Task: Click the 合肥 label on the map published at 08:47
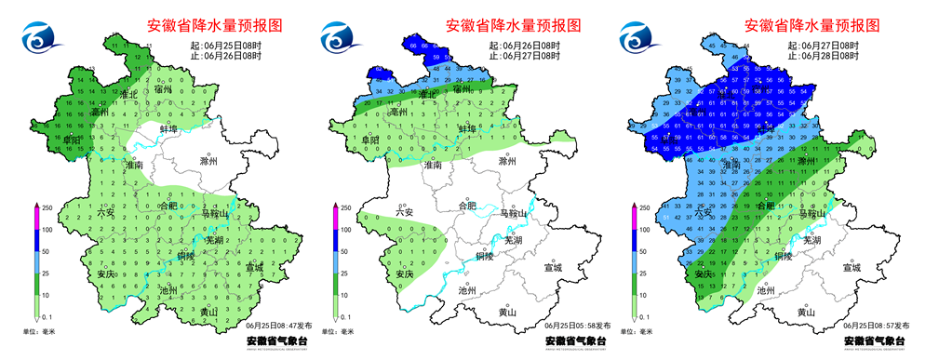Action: [168, 206]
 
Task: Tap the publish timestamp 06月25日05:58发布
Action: [577, 326]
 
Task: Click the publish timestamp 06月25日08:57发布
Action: [876, 326]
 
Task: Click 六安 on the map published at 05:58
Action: [404, 213]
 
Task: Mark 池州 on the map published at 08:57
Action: [766, 290]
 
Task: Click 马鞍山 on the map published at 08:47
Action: [216, 214]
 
